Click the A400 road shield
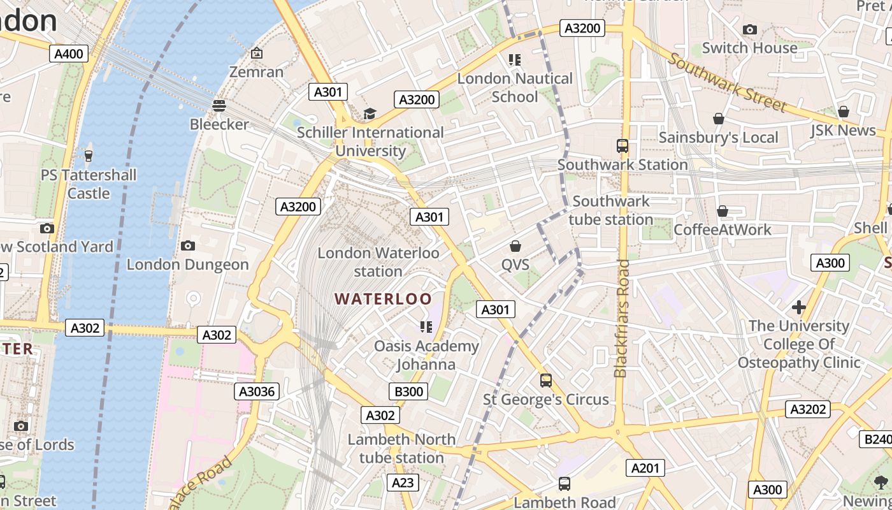point(68,54)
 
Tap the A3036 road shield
point(257,391)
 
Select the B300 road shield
point(408,391)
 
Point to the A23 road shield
point(403,483)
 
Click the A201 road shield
point(645,468)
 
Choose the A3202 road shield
point(808,409)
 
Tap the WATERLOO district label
point(383,298)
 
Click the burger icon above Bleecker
point(219,105)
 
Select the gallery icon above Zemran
point(256,53)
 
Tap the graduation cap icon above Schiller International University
point(370,113)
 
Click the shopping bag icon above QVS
point(515,245)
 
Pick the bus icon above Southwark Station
point(622,145)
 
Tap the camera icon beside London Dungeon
point(187,245)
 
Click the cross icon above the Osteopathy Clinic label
point(798,307)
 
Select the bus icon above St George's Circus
point(546,381)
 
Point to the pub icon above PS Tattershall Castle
point(89,155)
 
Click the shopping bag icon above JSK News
point(844,112)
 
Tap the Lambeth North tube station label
point(401,448)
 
